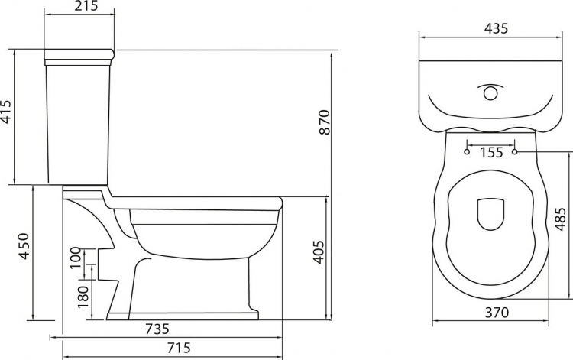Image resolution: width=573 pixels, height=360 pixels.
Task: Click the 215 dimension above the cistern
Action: coord(86,6)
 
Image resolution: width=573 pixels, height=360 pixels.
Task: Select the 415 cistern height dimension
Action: coord(6,112)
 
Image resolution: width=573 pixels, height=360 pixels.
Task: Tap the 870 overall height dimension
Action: coord(324,122)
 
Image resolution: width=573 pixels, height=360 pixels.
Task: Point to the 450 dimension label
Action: coord(24,246)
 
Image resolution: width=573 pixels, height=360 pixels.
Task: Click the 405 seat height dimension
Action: coord(319,251)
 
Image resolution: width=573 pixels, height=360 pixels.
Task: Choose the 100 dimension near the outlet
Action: coord(75,258)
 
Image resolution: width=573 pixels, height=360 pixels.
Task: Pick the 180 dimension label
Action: coord(83,297)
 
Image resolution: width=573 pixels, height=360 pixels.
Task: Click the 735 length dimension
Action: coord(157,329)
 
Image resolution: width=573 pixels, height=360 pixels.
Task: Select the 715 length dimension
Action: coord(179,347)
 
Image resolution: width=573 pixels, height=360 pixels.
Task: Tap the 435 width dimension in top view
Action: coord(496,28)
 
